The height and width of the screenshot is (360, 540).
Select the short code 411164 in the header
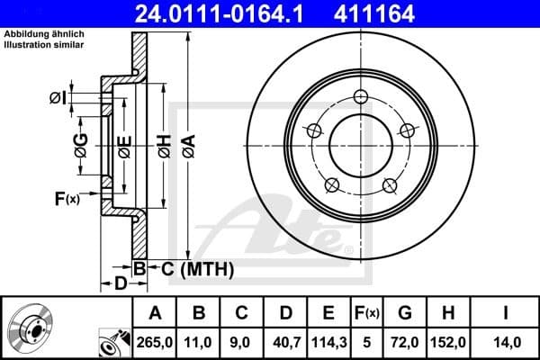tap(398, 13)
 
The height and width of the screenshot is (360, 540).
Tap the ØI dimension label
tap(57, 97)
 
